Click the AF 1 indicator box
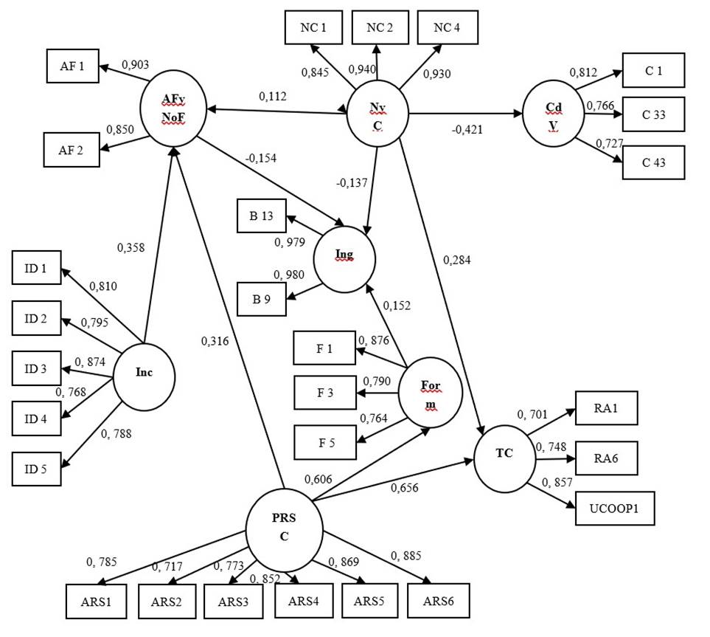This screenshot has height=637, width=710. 72,66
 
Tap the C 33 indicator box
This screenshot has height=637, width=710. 654,114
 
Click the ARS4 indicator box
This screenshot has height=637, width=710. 304,601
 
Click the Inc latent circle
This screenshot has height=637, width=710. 144,373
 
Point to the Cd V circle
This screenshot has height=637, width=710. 553,114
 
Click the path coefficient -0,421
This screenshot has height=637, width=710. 468,130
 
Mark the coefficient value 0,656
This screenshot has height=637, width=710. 408,487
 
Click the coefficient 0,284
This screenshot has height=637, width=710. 457,259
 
